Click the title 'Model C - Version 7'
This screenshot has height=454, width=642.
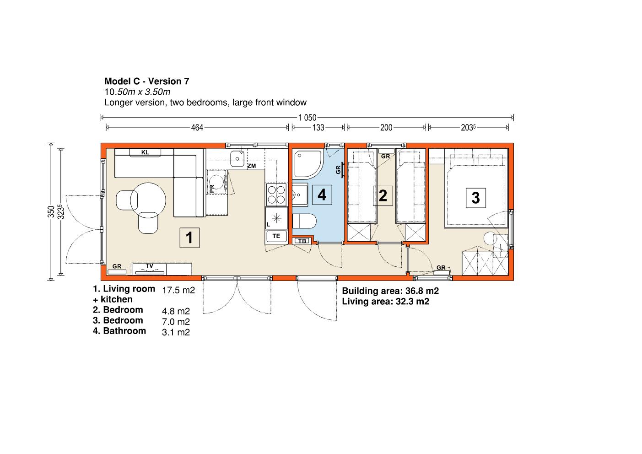146,81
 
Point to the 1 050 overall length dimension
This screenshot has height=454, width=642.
307,118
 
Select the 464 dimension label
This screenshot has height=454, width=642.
197,128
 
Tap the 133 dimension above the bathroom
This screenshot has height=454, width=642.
318,128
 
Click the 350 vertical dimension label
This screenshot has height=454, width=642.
51,211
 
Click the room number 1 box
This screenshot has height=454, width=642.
189,238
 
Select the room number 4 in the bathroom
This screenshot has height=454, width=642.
322,195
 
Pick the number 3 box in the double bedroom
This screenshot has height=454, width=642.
476,198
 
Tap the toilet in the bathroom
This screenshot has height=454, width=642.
304,221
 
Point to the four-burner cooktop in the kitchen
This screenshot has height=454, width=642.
276,195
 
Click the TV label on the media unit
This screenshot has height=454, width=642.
149,266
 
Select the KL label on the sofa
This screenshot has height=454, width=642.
145,152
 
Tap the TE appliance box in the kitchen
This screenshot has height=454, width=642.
276,236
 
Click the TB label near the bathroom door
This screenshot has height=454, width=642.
302,241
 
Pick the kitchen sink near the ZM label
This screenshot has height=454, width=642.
237,158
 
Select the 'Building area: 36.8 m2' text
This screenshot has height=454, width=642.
390,291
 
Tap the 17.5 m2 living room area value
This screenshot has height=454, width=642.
178,290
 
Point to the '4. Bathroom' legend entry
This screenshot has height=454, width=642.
119,331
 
